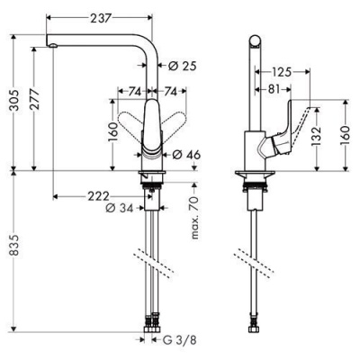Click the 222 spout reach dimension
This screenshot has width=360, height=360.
(98, 195)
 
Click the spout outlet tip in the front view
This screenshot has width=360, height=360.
(52, 45)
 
